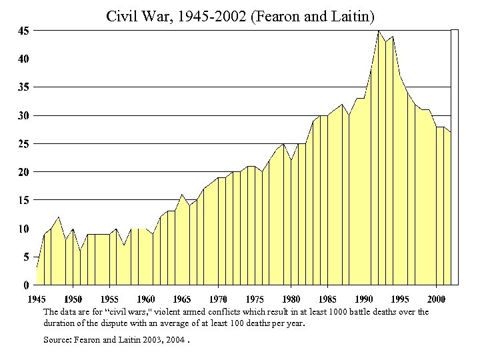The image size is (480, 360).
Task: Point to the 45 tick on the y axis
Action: tap(23, 31)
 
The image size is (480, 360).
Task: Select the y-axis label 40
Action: tap(23, 59)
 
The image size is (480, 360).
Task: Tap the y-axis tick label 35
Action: tap(23, 87)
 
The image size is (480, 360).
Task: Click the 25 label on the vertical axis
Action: tap(23, 144)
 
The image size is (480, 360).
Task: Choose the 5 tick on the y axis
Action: tap(25, 257)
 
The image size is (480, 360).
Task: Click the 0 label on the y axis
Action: tap(25, 285)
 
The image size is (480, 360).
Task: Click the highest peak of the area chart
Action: tap(379, 31)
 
